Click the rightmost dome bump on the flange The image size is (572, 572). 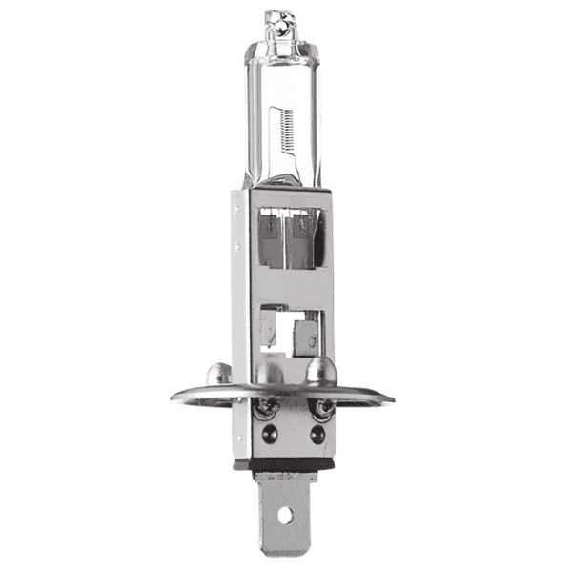pyautogui.click(x=319, y=369)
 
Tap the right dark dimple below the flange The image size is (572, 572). pyautogui.click(x=317, y=434)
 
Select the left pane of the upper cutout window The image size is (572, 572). pyautogui.click(x=270, y=242)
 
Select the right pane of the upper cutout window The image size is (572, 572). pyautogui.click(x=304, y=242)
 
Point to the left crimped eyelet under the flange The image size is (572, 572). pyautogui.click(x=268, y=407)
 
